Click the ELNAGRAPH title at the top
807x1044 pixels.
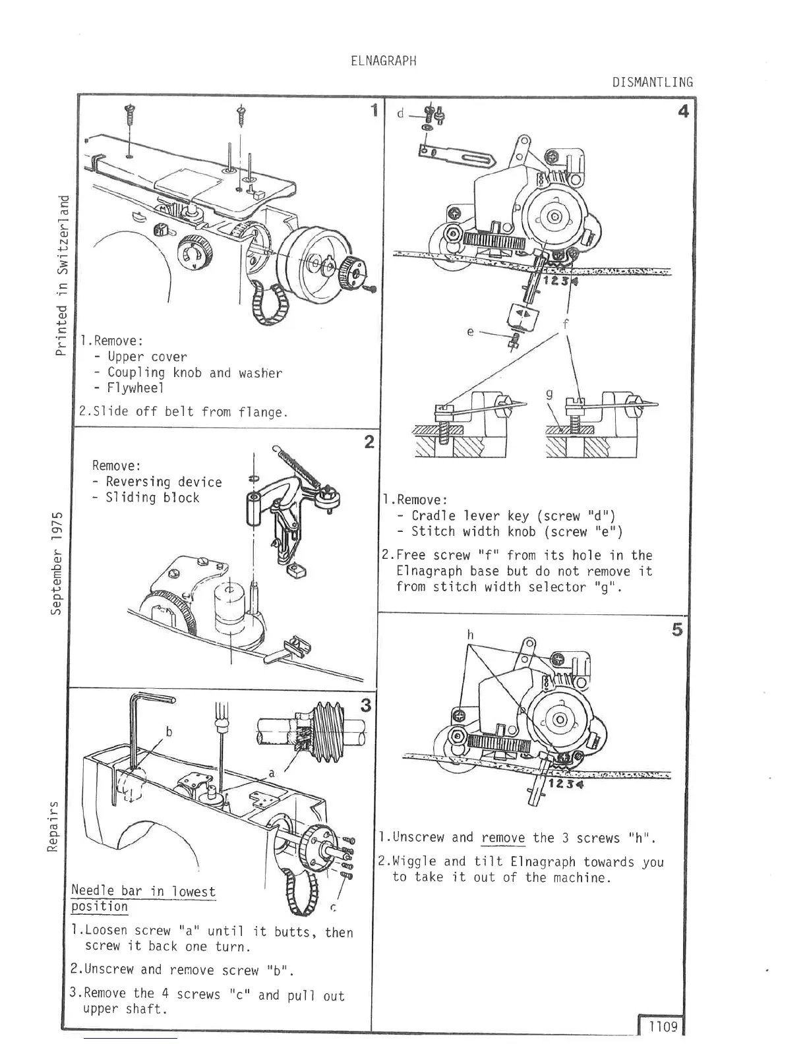pyautogui.click(x=384, y=61)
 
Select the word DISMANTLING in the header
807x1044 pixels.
pyautogui.click(x=652, y=82)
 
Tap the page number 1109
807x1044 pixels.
pyautogui.click(x=662, y=1026)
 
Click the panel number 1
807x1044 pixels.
pyautogui.click(x=374, y=110)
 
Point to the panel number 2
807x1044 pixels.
pyautogui.click(x=369, y=442)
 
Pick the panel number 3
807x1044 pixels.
pyautogui.click(x=366, y=705)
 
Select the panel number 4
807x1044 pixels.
pyautogui.click(x=683, y=111)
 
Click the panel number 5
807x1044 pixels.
pyautogui.click(x=677, y=629)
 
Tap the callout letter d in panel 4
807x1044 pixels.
pyautogui.click(x=400, y=113)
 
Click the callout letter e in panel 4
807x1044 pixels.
pyautogui.click(x=470, y=332)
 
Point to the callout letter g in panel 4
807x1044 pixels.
pyautogui.click(x=549, y=395)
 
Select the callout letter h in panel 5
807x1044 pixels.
pyautogui.click(x=470, y=634)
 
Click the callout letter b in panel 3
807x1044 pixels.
pyautogui.click(x=169, y=732)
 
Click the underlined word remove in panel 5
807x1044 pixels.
pyautogui.click(x=503, y=838)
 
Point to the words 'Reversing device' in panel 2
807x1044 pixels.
pyautogui.click(x=164, y=482)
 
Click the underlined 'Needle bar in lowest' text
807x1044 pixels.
pyautogui.click(x=143, y=892)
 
